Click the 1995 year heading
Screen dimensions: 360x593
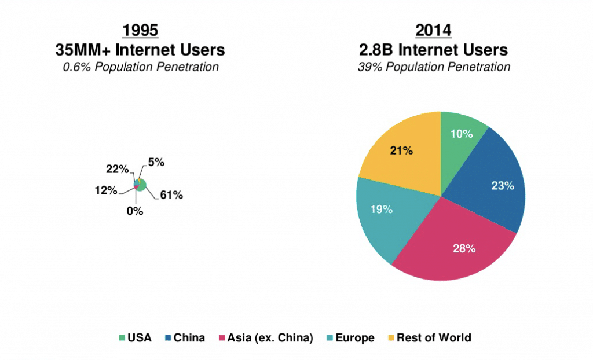(x=140, y=31)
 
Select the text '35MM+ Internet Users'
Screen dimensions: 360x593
(x=140, y=49)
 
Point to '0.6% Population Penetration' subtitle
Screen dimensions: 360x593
(x=140, y=67)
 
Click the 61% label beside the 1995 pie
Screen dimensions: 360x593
(x=171, y=196)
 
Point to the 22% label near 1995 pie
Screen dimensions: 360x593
(x=117, y=169)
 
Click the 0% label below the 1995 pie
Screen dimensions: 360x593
(x=135, y=211)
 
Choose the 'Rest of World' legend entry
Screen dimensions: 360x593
(x=433, y=338)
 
